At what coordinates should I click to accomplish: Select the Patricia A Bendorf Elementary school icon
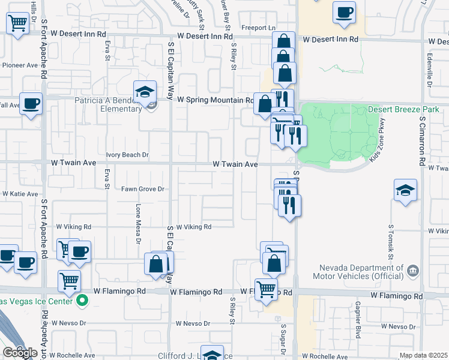tap(144, 92)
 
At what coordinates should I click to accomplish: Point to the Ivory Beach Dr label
tap(127, 155)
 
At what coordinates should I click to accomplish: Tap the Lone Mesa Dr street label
tap(137, 220)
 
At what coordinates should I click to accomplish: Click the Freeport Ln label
tap(258, 28)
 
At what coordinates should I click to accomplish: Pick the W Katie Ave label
tap(20, 194)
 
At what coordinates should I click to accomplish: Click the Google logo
tap(20, 352)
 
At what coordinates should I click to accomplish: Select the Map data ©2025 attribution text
tap(423, 355)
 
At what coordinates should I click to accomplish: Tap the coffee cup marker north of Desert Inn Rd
tap(345, 13)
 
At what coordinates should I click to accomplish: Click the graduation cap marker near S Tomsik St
tap(405, 190)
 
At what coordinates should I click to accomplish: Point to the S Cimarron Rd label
tap(423, 142)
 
